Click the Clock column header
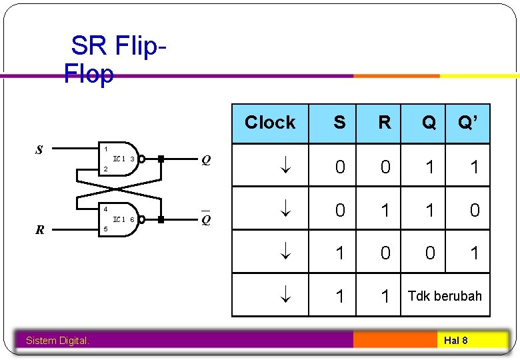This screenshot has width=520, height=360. pos(270,123)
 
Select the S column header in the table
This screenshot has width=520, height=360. pos(339,123)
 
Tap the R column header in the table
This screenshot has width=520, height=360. pos(385,123)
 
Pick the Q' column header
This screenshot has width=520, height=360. pos(468,123)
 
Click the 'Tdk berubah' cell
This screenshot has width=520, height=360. pos(445,296)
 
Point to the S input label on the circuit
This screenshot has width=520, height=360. pos(39,150)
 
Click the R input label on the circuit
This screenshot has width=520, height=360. pos(40,231)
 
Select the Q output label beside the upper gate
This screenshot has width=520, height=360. pos(206,160)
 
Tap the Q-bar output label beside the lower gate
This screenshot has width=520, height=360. pos(206,220)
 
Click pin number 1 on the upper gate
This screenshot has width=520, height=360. pos(105,149)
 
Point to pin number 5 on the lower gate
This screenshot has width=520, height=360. pos(105,229)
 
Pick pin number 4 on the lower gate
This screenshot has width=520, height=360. pos(105,209)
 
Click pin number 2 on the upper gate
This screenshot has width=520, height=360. pos(105,169)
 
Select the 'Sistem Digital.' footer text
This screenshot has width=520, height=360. pos(57,341)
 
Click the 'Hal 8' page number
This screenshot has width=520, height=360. pos(455,341)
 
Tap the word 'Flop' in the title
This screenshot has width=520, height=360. pos(89,74)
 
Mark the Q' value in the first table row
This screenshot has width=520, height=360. pos(474,167)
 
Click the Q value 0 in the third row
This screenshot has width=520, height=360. pos(430,253)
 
